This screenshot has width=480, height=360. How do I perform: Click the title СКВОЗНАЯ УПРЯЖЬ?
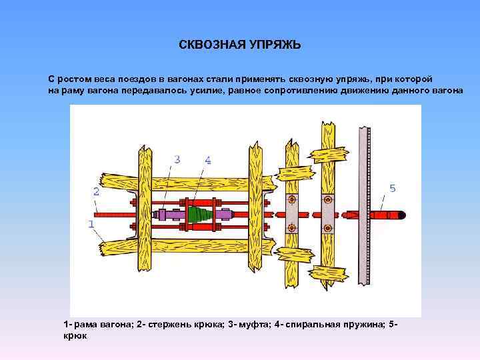(x=240, y=45)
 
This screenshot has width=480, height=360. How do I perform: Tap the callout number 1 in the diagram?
(x=91, y=225)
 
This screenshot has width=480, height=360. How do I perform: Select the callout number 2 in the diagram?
(x=97, y=191)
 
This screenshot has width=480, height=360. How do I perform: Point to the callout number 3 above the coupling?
(x=177, y=159)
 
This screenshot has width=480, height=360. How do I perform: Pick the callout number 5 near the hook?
(x=392, y=189)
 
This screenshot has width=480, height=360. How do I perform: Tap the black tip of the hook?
(x=402, y=215)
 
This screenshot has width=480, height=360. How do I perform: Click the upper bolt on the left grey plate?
(x=291, y=199)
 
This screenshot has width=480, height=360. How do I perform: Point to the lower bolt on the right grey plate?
(x=327, y=229)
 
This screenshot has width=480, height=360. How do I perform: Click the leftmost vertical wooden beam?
(x=145, y=213)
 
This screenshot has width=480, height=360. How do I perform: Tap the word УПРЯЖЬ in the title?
(x=275, y=45)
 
